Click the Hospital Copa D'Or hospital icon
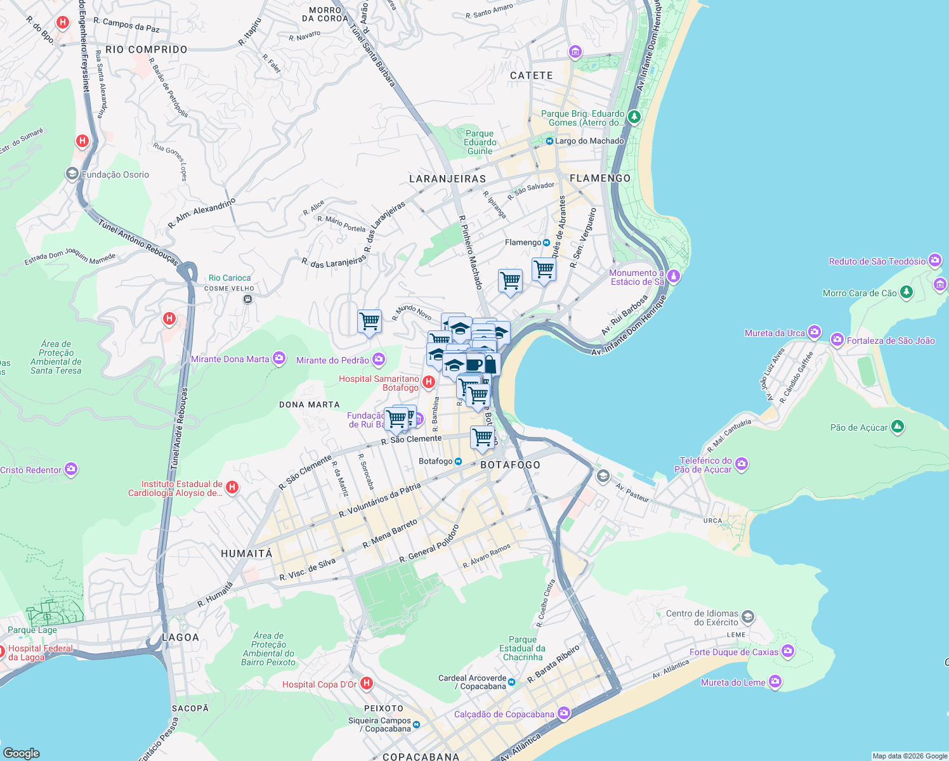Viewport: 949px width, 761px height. (366, 684)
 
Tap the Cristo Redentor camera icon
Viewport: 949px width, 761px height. (71, 469)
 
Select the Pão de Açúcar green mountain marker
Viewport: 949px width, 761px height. (897, 427)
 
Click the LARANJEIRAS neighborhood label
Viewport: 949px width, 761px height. (447, 179)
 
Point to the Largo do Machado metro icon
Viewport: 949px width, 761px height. (549, 141)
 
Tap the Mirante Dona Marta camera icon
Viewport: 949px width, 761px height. (279, 359)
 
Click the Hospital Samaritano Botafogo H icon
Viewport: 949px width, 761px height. (428, 382)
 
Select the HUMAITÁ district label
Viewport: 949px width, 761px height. (247, 554)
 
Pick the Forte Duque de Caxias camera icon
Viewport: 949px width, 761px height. (788, 651)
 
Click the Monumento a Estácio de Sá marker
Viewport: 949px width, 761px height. (674, 276)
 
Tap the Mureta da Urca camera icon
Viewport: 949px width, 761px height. (815, 332)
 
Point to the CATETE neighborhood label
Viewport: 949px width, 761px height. (532, 75)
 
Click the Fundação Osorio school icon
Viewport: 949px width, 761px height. (72, 174)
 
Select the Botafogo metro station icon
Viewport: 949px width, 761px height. (459, 461)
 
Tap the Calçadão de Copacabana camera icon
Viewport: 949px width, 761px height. (563, 713)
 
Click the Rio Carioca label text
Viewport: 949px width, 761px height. (230, 278)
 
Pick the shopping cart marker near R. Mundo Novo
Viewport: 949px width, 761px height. (369, 321)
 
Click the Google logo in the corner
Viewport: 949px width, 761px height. (22, 753)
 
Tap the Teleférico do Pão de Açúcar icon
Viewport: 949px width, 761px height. (742, 465)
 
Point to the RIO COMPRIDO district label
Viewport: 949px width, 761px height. (147, 49)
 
